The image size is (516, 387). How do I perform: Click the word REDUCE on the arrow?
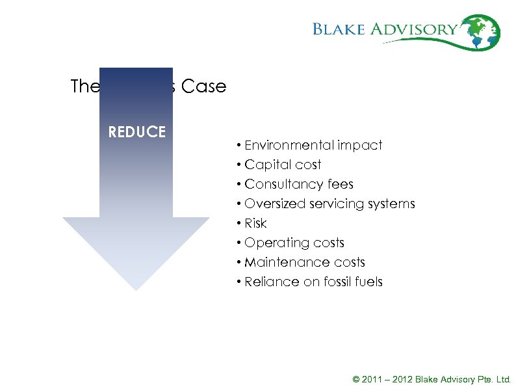pyautogui.click(x=136, y=132)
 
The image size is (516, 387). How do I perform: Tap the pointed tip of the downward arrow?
pyautogui.click(x=136, y=288)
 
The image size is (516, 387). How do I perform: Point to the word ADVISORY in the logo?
pyautogui.click(x=424, y=29)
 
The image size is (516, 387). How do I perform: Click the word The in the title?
pyautogui.click(x=84, y=87)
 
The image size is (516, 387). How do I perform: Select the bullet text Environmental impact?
pyautogui.click(x=313, y=145)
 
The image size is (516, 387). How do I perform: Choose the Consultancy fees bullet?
pyautogui.click(x=298, y=184)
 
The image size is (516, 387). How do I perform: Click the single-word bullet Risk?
pyautogui.click(x=255, y=223)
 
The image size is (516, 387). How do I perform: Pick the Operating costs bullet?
pyautogui.click(x=294, y=243)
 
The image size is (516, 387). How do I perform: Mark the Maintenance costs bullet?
pyautogui.click(x=305, y=262)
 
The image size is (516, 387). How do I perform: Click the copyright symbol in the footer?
pyautogui.click(x=355, y=379)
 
